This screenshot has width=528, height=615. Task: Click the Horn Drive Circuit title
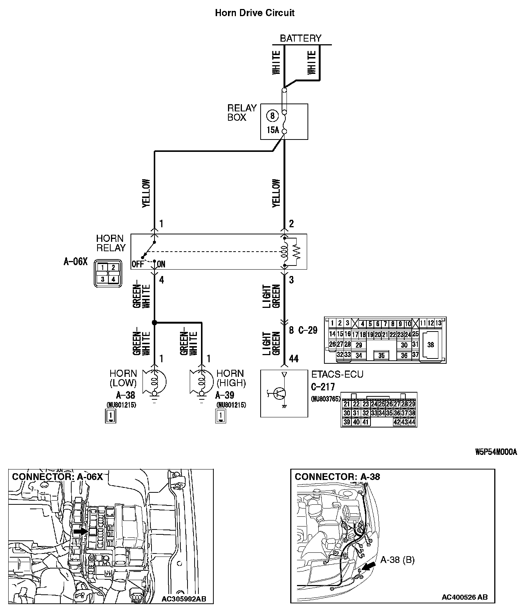(255, 13)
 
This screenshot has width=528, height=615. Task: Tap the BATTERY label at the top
(300, 38)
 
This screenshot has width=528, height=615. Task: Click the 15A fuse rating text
(273, 130)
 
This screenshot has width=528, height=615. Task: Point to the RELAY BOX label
(242, 112)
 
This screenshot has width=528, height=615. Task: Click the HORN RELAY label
(111, 243)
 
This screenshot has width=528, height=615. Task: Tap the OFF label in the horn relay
(138, 264)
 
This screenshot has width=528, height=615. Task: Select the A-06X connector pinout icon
(108, 273)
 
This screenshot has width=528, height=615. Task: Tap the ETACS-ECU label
(337, 374)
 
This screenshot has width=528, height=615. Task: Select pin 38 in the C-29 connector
(430, 345)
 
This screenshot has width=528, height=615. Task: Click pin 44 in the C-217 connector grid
(412, 422)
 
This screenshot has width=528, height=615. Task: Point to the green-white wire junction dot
(154, 322)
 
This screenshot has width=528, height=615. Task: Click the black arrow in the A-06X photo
(80, 531)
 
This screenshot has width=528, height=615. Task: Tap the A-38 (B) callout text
(397, 560)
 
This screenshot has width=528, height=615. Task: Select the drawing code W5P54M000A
(496, 452)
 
